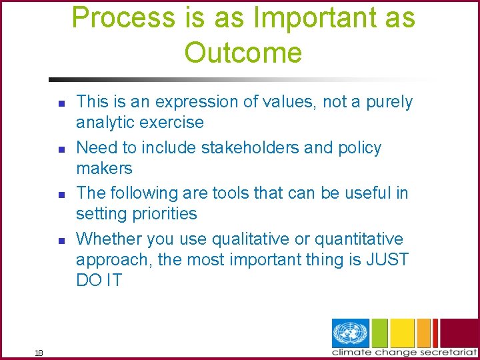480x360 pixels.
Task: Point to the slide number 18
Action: (38, 353)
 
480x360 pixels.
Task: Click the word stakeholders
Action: (245, 147)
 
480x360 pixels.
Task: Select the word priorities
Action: (164, 213)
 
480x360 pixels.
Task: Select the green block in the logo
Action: (379, 333)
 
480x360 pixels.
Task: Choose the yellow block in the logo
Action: (403, 333)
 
